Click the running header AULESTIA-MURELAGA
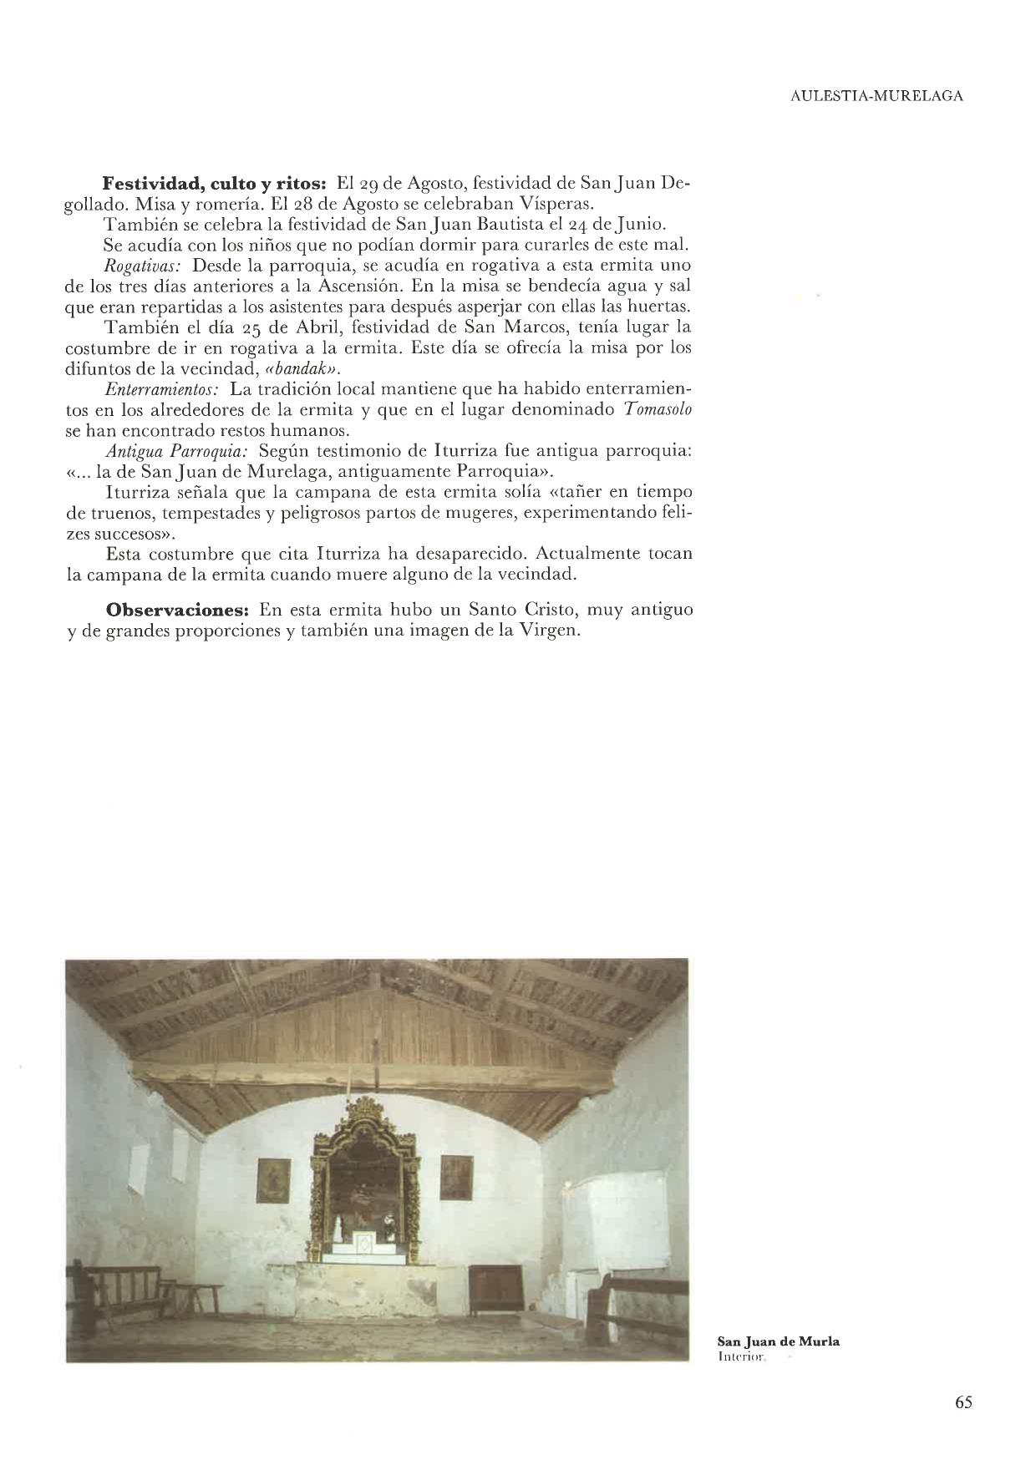click(x=876, y=96)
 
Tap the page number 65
click(x=963, y=1402)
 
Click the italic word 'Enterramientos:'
click(x=162, y=389)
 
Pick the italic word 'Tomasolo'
click(x=658, y=410)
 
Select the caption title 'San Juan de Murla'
click(x=779, y=1341)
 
